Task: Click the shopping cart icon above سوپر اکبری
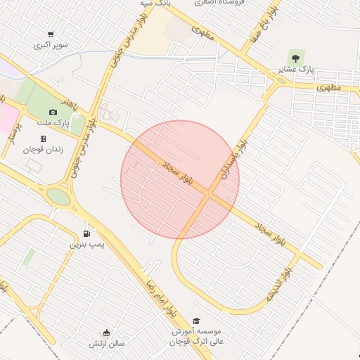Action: [51, 34]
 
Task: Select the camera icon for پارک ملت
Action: [53, 112]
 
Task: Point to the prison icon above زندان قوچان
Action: [43, 139]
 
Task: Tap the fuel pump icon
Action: [86, 233]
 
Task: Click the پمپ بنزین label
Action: [86, 244]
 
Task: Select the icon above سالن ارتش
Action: [106, 333]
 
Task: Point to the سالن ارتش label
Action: [106, 344]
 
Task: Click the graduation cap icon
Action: [196, 321]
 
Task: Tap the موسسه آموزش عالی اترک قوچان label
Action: [195, 336]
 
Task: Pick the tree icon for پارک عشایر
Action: [293, 59]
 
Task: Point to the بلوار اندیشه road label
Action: [278, 284]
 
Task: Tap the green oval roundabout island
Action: [59, 197]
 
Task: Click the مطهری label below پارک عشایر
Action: [328, 89]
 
